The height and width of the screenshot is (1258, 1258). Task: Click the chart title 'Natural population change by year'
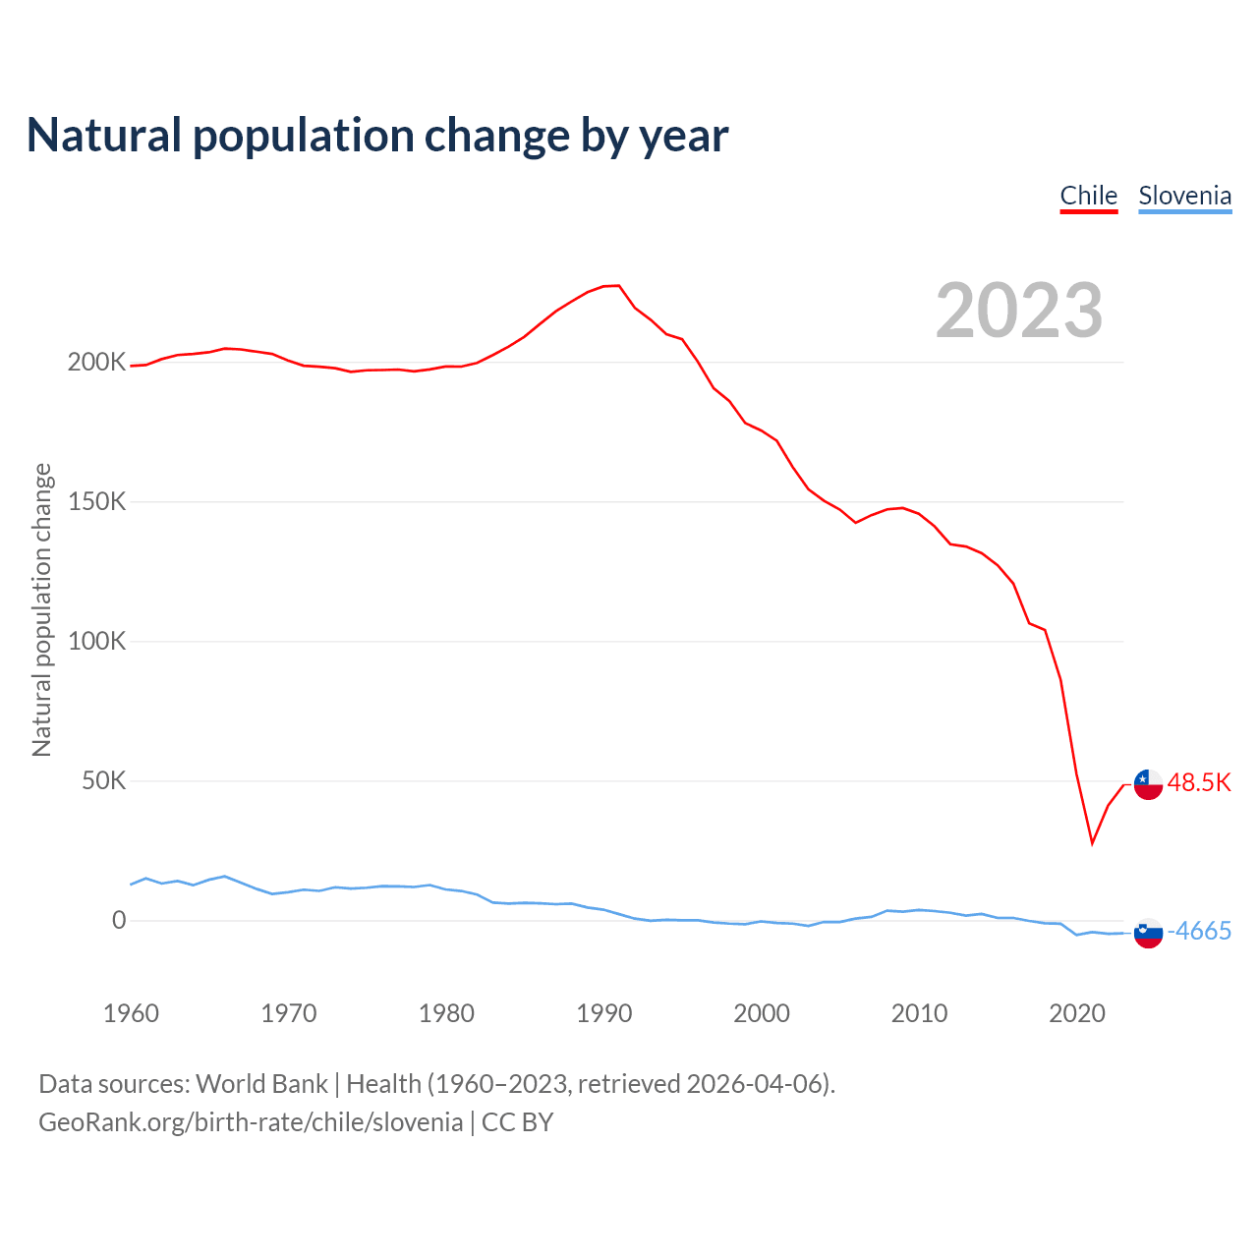coord(377,136)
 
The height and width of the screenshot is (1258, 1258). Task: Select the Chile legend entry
coord(1088,196)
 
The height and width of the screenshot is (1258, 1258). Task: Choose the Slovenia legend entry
coord(1184,196)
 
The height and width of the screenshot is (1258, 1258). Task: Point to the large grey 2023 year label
coord(1019,311)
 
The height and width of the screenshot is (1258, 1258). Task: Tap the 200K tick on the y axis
coord(96,363)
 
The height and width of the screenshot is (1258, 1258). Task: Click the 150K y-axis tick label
coord(96,502)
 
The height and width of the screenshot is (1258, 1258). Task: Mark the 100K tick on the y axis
coord(96,642)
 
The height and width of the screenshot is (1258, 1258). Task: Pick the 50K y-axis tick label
coord(103,781)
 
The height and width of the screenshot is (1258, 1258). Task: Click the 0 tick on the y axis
coord(119,921)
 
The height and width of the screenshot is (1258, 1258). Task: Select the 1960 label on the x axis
coord(131,1013)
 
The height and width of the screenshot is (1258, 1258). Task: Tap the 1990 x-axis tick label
coord(603,1013)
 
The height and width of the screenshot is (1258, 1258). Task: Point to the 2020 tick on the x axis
coord(1077,1013)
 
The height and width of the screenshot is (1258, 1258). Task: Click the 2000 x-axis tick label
coord(762,1013)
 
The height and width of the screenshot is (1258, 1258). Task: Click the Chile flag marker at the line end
coord(1148,784)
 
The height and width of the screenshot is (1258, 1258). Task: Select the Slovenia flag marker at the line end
coord(1148,933)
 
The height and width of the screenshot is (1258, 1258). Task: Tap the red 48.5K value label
coord(1199,783)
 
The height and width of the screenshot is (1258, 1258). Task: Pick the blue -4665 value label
coord(1199,932)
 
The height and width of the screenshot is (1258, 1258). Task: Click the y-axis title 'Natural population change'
coord(42,610)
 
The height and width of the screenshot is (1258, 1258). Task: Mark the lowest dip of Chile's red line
coord(1092,842)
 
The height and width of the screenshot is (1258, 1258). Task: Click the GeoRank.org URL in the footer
coord(251,1122)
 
